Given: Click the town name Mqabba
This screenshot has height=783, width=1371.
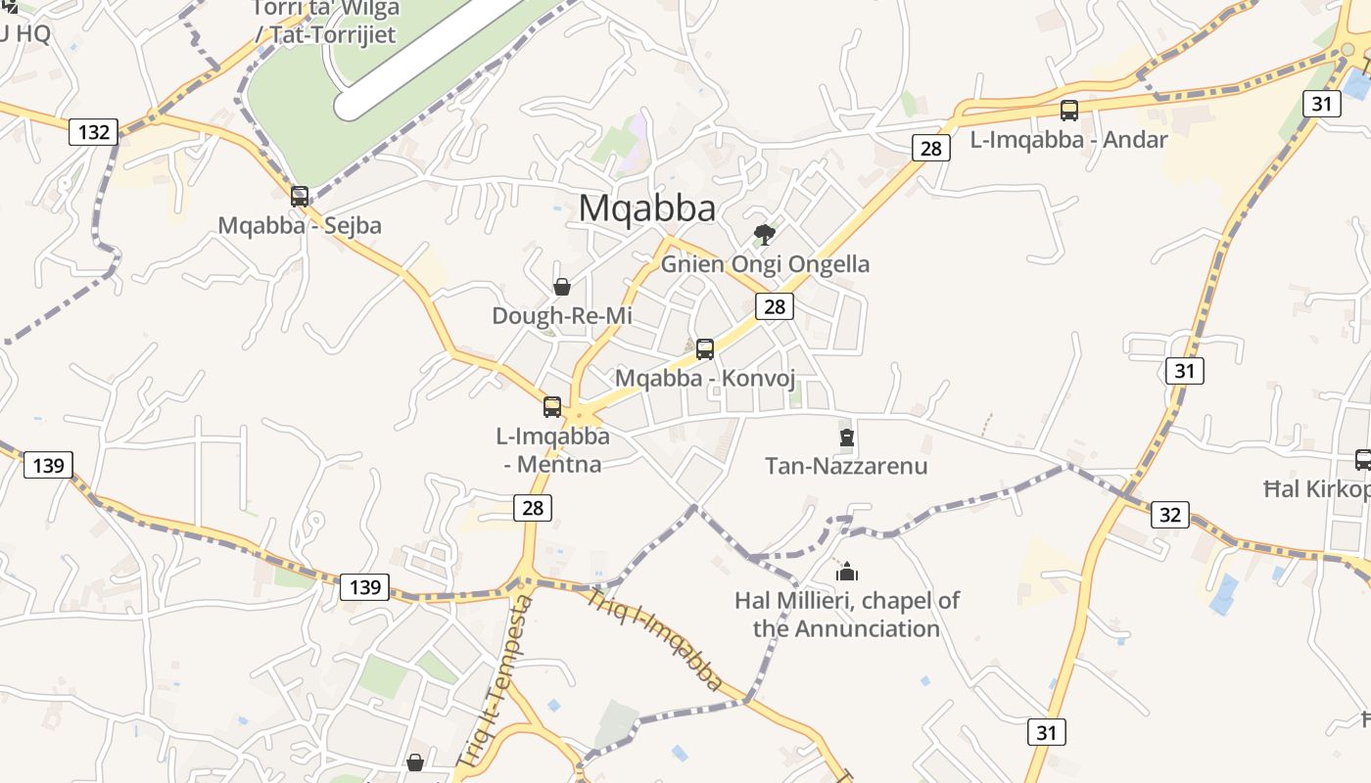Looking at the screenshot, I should click(x=646, y=208).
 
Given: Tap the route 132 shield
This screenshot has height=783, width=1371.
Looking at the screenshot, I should click(x=93, y=131).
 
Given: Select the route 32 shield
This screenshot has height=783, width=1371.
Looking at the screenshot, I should click(x=1169, y=514).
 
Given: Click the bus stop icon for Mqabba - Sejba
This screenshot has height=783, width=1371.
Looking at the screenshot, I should click(x=300, y=196).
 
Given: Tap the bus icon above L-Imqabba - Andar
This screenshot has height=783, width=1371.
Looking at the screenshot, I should click(x=1069, y=111).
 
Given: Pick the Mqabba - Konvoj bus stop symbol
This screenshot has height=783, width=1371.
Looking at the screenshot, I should click(x=704, y=348).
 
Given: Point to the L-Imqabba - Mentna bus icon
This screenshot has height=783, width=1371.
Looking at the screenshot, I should click(x=552, y=406).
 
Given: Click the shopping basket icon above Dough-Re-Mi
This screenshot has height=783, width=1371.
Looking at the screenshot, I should click(x=562, y=287).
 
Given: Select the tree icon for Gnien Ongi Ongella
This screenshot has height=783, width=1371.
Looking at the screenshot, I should click(x=765, y=234).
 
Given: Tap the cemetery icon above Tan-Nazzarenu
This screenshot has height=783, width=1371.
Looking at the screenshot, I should click(x=847, y=437).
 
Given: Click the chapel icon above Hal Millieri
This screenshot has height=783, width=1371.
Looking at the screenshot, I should click(x=847, y=572).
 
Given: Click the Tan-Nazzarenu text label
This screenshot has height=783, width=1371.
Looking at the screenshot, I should click(x=846, y=466).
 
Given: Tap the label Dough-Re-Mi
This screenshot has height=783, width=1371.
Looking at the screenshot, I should click(x=562, y=316).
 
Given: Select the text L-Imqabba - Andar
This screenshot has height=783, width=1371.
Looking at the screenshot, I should click(x=1068, y=140).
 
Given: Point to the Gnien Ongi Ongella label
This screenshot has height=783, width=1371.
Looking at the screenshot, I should click(x=765, y=264).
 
